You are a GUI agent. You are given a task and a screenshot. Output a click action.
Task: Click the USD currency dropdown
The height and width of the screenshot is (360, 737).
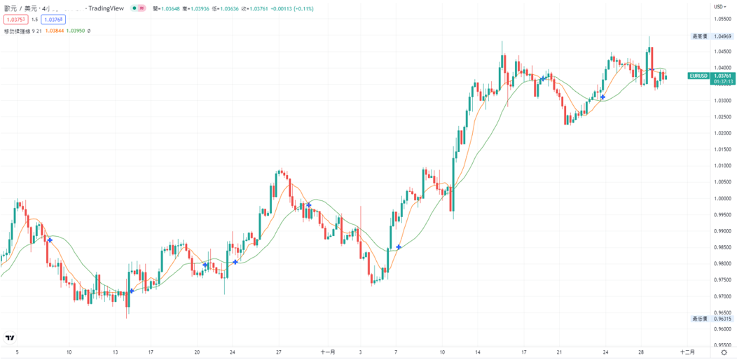(x=719, y=7)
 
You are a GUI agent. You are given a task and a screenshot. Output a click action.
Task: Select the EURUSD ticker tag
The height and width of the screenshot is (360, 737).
(x=698, y=76)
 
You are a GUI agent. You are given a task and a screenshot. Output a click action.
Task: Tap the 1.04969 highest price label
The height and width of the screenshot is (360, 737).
(x=722, y=36)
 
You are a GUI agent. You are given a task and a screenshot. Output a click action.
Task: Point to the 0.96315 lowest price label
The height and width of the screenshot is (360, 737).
(x=722, y=319)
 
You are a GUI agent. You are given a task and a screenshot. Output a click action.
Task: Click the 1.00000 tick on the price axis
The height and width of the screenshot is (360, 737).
(x=722, y=198)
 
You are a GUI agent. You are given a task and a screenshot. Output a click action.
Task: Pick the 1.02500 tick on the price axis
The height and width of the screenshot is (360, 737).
(x=722, y=116)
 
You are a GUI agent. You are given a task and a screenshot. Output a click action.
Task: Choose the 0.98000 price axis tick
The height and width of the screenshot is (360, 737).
(x=722, y=264)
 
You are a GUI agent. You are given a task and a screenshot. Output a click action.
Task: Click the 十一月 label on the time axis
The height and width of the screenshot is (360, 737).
(x=328, y=352)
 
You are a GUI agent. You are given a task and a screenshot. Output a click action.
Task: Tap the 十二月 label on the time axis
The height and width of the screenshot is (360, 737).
(x=687, y=352)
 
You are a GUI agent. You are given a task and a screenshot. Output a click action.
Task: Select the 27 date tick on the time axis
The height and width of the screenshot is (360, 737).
(x=278, y=352)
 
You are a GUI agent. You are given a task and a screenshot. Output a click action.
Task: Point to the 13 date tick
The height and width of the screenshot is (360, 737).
(x=116, y=352)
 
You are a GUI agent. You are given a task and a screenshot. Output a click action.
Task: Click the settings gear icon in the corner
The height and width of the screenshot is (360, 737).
(x=724, y=352)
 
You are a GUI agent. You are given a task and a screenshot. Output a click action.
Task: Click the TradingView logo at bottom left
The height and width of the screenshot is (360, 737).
(x=10, y=338)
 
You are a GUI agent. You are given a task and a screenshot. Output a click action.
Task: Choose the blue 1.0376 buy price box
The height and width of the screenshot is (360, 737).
(x=53, y=20)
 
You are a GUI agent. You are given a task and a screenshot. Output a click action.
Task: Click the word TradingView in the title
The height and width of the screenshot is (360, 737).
(x=106, y=8)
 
